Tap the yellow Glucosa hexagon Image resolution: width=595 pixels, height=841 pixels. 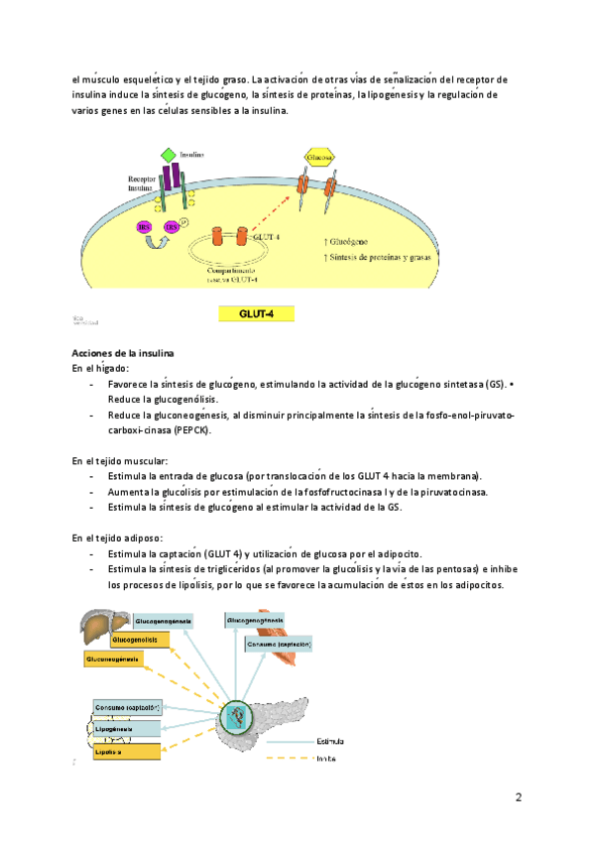(318, 157)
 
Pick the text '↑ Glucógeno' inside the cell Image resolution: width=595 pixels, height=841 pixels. (354, 240)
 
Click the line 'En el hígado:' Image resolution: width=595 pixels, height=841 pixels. (101, 368)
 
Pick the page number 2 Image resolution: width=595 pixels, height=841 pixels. (518, 797)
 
